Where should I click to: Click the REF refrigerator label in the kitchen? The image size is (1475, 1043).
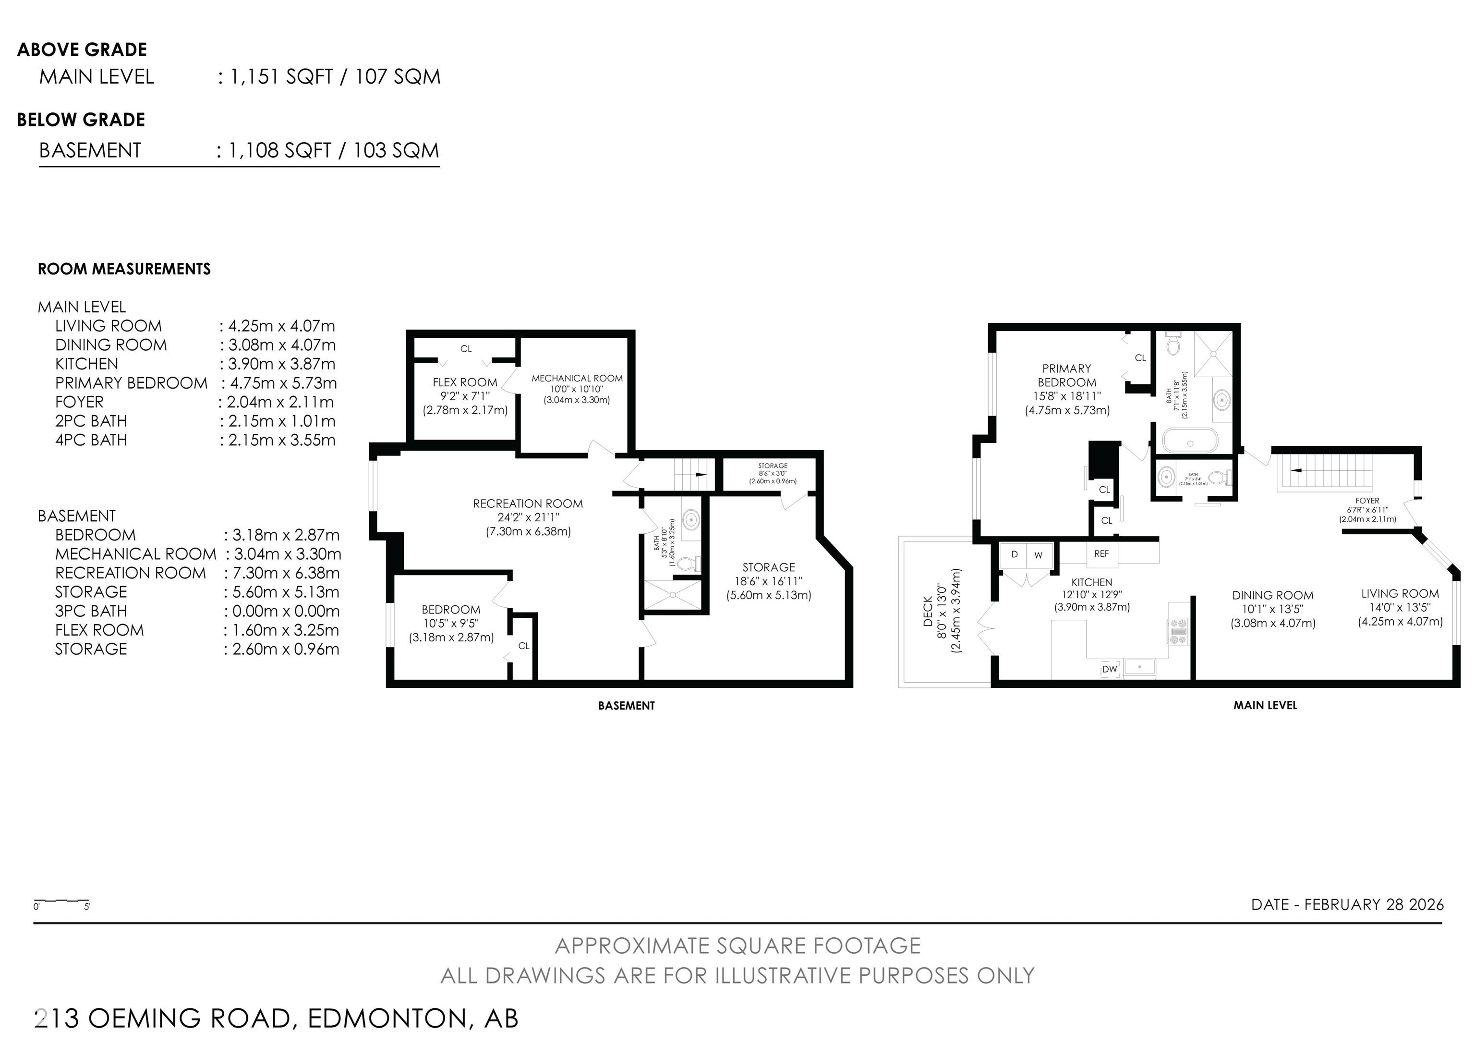tap(1101, 553)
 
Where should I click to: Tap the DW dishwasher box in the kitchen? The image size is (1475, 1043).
tap(1110, 669)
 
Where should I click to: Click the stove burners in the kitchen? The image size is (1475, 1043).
tap(1178, 630)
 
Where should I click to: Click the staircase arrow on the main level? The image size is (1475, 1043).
tap(1296, 470)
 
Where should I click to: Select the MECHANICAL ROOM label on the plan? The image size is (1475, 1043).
tap(577, 379)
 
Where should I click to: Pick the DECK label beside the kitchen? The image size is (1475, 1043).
tap(928, 611)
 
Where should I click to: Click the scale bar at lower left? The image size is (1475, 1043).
tap(61, 900)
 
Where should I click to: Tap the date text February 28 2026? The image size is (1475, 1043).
tap(1347, 904)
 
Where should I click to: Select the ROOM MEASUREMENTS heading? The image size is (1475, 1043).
tap(124, 269)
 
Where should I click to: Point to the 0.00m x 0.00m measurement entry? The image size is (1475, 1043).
tap(282, 611)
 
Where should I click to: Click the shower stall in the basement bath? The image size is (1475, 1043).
tap(672, 594)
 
